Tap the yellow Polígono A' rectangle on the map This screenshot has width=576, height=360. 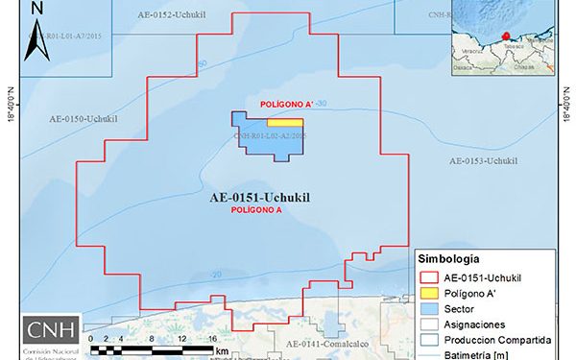[x=285, y=123]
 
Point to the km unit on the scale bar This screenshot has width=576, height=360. [x=222, y=351]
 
